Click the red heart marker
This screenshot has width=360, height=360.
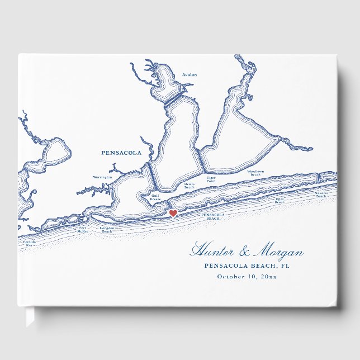pyautogui.click(x=173, y=214)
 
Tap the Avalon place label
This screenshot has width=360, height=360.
pyautogui.click(x=190, y=74)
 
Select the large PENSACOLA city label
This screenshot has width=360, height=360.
pyautogui.click(x=121, y=153)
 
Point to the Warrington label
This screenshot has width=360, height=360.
pyautogui.click(x=102, y=177)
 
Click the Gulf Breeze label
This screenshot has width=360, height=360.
pyautogui.click(x=155, y=197)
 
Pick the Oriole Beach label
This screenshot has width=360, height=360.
pyautogui.click(x=190, y=186)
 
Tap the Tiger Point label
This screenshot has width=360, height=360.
pyautogui.click(x=211, y=180)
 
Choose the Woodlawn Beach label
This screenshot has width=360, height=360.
pyautogui.click(x=255, y=173)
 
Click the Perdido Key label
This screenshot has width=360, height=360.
pyautogui.click(x=28, y=244)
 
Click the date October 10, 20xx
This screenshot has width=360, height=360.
pyautogui.click(x=247, y=276)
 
